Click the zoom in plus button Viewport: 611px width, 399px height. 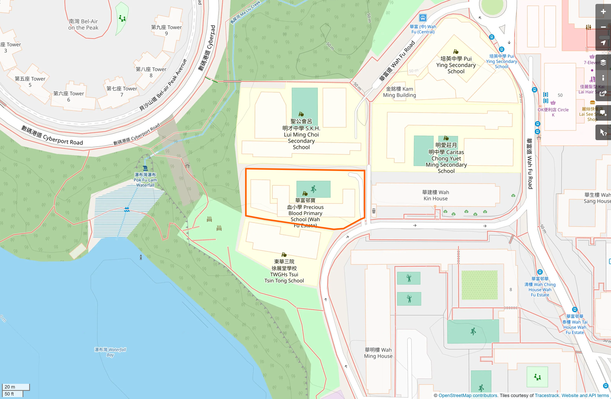pos(603,12)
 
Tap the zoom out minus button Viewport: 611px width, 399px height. pos(603,27)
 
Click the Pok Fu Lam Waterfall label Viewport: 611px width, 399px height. pos(145,180)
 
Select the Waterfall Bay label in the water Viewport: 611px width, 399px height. pos(110,352)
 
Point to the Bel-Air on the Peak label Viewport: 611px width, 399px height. pos(83,24)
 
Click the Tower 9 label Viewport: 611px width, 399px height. pos(166,30)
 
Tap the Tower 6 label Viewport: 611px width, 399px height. pos(68,96)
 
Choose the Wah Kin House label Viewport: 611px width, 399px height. pos(436,195)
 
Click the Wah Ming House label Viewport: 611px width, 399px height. pos(378,353)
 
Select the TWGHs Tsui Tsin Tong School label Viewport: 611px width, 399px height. pos(284,271)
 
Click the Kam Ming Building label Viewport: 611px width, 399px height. pos(399,92)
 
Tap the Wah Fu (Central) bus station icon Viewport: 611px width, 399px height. pos(423,18)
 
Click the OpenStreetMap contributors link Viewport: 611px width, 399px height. pos(468,395)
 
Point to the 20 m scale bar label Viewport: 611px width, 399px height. pos(10,387)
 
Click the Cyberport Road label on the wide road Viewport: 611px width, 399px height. pos(52,135)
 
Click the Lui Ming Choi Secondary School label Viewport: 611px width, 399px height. pos(301,134)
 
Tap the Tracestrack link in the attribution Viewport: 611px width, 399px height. pos(547,395)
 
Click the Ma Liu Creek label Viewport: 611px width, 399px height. pos(245,12)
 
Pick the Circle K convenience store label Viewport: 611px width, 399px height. pos(553,112)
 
